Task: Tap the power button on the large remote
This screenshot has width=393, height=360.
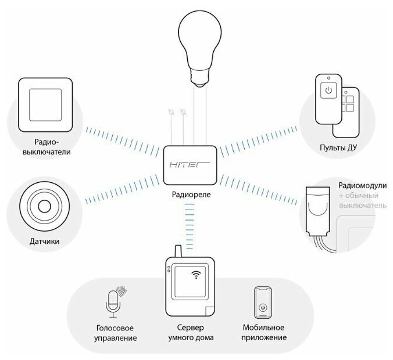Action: point(328,91)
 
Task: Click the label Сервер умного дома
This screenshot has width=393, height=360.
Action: point(191,332)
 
